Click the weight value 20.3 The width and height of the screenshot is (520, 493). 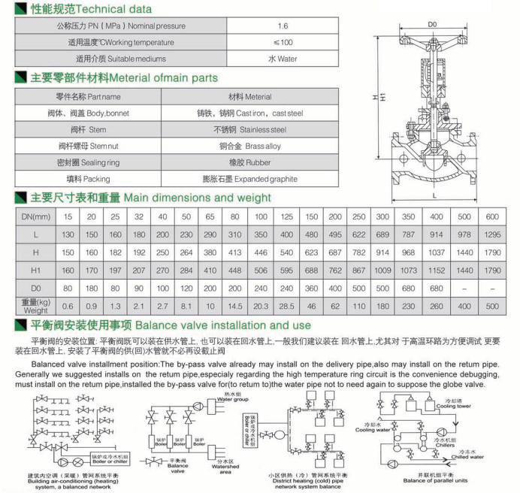pyautogui.click(x=262, y=306)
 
